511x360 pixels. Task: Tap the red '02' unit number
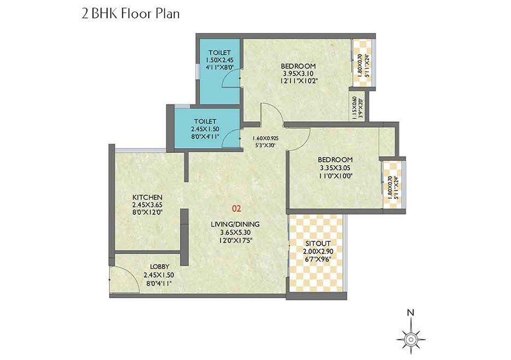[236, 208]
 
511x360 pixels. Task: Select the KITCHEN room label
[147, 197]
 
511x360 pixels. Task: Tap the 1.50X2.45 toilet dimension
[219, 60]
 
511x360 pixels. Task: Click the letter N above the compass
[409, 312]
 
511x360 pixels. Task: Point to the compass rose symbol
[409, 337]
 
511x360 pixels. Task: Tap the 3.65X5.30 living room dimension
[237, 231]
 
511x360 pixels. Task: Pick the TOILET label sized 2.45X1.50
[205, 121]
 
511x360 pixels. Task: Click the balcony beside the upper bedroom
[363, 62]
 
